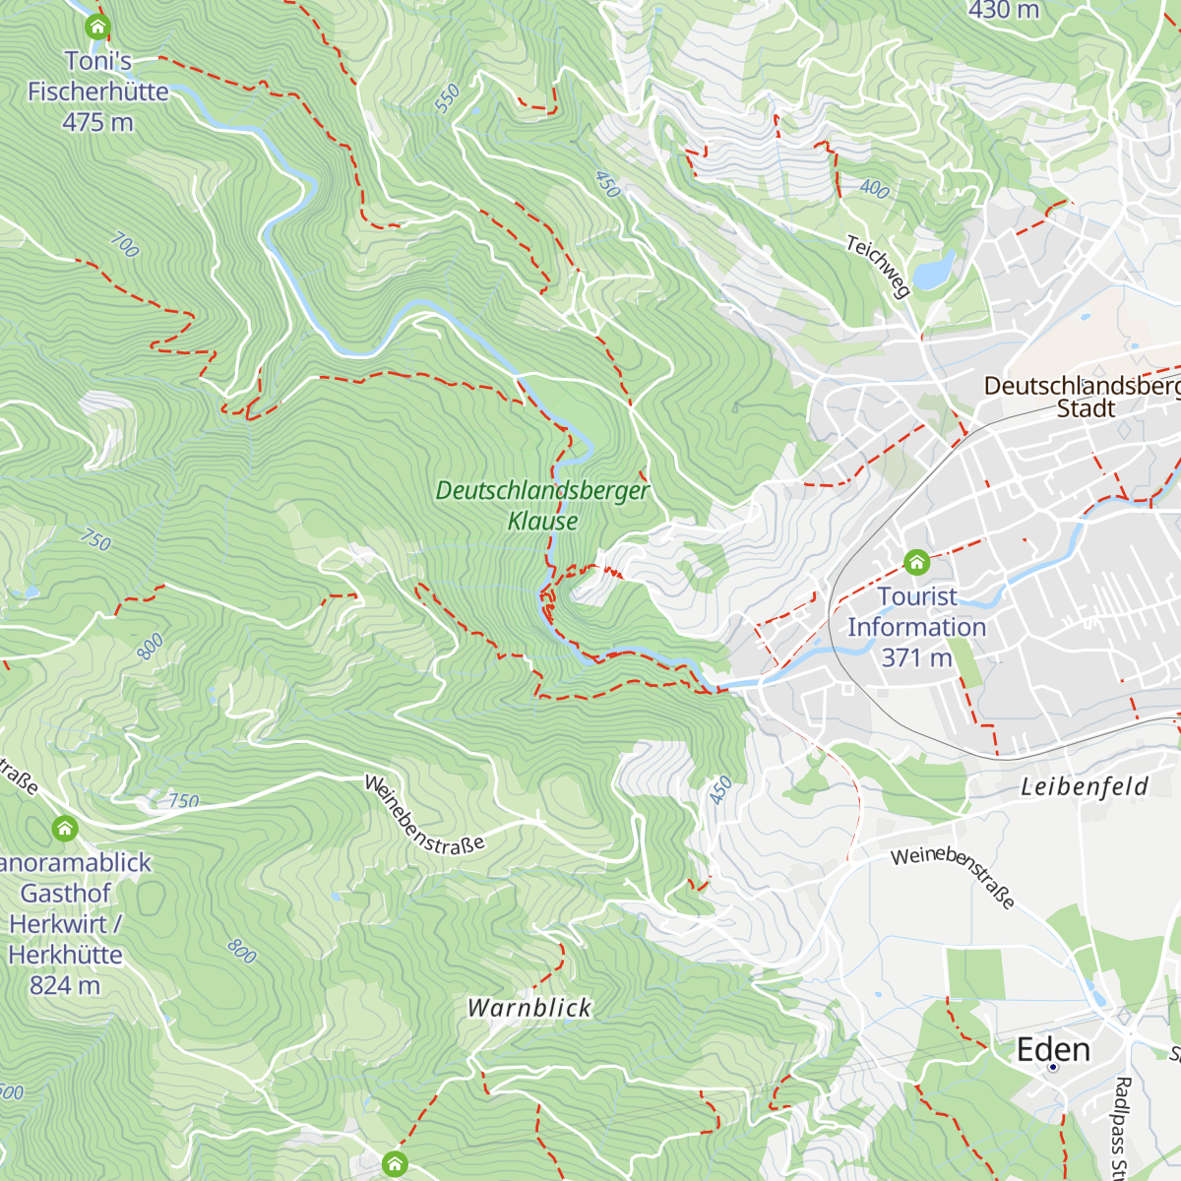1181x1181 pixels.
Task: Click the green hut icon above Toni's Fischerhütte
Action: pyautogui.click(x=96, y=27)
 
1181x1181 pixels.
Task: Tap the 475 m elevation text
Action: pyautogui.click(x=97, y=123)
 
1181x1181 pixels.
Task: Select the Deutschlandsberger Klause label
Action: pyautogui.click(x=542, y=505)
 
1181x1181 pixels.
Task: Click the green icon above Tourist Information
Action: pyautogui.click(x=916, y=563)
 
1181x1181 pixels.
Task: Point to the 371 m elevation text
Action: pyautogui.click(x=916, y=657)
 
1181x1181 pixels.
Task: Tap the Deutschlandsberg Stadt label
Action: pyautogui.click(x=1083, y=397)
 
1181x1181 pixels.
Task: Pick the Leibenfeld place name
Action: pyautogui.click(x=1084, y=786)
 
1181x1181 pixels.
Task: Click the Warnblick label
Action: pyautogui.click(x=529, y=1008)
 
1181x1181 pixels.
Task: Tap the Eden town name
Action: pyautogui.click(x=1053, y=1049)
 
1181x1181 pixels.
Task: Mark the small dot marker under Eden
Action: pyautogui.click(x=1053, y=1067)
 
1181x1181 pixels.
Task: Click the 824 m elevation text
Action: pyautogui.click(x=65, y=985)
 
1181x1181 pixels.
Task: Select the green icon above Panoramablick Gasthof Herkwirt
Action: pyautogui.click(x=65, y=829)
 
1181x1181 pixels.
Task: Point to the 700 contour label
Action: pyautogui.click(x=124, y=244)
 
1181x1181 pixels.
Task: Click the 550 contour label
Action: pyautogui.click(x=447, y=98)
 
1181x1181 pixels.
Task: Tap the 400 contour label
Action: pyautogui.click(x=874, y=188)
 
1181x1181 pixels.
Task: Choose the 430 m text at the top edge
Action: pyautogui.click(x=1003, y=11)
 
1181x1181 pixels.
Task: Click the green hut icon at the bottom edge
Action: pyautogui.click(x=395, y=1164)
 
